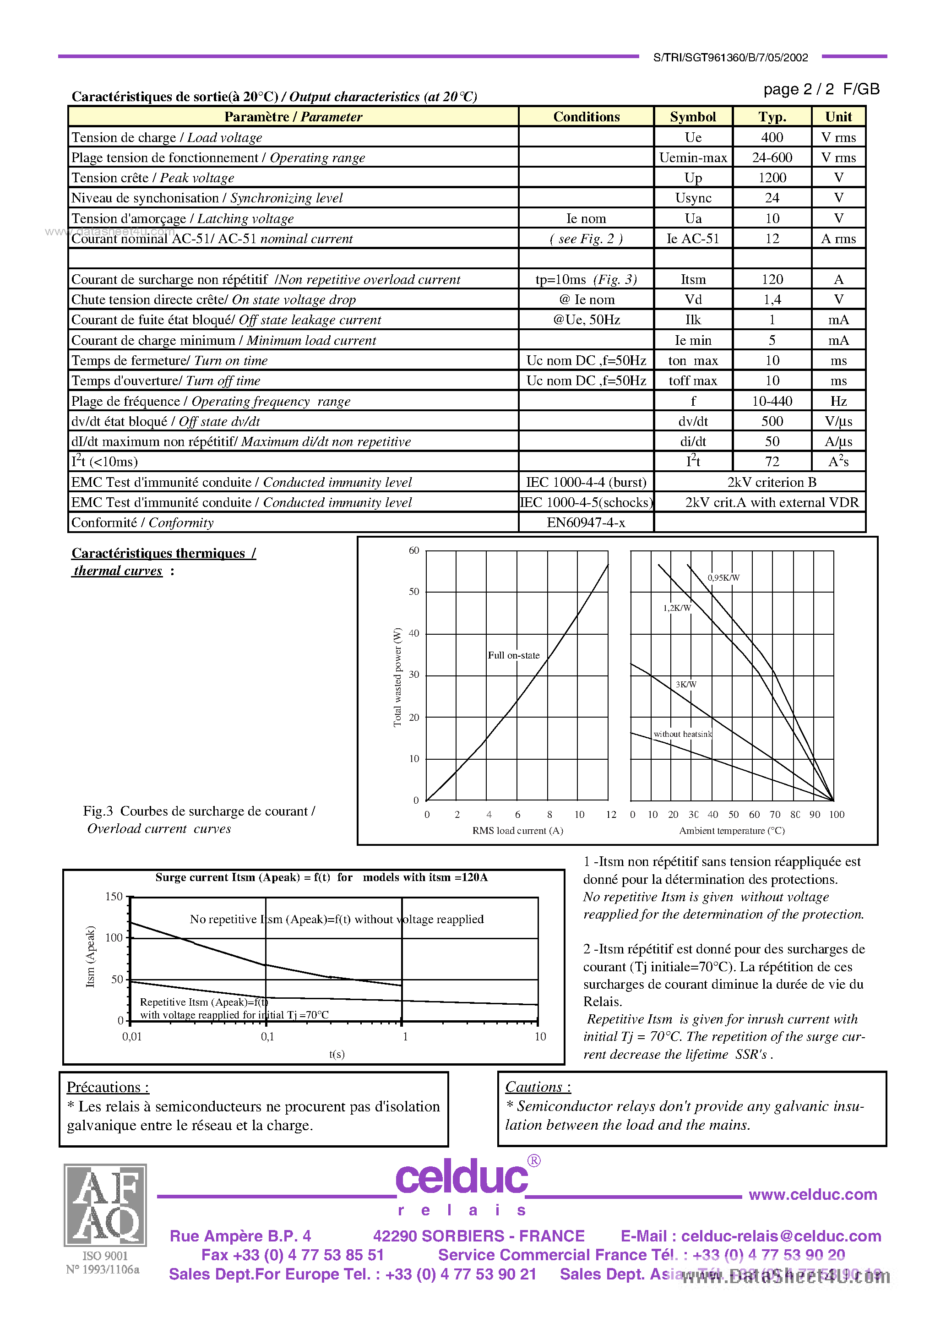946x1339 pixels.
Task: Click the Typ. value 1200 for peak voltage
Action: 772,178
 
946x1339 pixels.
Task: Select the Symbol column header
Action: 693,117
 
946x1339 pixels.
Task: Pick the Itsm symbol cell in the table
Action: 693,279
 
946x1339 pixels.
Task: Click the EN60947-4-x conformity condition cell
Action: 586,523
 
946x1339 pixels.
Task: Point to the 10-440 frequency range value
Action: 772,401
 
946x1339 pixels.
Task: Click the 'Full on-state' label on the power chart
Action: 514,655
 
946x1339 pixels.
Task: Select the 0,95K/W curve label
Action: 723,578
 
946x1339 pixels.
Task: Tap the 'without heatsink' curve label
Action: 682,734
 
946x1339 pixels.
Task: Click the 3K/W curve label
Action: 686,685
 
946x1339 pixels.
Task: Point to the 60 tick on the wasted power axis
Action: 414,550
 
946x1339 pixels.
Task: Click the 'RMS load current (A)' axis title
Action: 517,830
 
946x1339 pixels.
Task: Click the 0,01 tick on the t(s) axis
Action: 132,1036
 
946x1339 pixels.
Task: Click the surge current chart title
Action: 321,877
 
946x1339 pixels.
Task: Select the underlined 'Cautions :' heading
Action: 538,1087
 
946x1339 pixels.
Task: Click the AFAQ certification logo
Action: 105,1205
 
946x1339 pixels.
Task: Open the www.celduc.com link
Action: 812,1194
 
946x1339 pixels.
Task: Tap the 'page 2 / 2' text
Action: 799,89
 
